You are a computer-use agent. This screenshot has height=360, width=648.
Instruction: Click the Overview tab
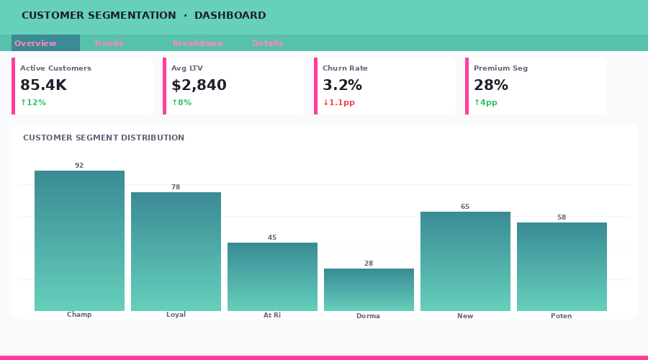click(36, 43)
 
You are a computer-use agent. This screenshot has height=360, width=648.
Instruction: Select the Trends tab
click(108, 43)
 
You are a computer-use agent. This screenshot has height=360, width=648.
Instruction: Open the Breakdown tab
click(197, 43)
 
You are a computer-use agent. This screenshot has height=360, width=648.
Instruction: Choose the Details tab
click(267, 43)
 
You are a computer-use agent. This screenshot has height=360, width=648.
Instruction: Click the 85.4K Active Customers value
click(43, 85)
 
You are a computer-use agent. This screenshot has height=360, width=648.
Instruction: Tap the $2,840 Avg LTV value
click(199, 85)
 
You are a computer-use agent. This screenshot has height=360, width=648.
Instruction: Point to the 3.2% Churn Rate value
click(342, 85)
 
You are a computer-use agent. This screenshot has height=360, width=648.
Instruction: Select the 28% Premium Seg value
click(491, 85)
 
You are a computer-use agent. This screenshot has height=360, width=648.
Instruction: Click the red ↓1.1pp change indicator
click(338, 102)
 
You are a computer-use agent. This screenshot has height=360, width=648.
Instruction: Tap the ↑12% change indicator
click(33, 102)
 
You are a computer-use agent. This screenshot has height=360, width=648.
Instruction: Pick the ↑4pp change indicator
click(485, 102)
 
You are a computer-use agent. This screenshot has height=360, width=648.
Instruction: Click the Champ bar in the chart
click(79, 241)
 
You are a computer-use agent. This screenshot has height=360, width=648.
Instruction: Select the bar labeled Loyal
click(176, 252)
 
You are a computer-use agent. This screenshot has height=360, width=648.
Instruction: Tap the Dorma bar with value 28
click(369, 289)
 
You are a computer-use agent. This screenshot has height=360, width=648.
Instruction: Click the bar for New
click(465, 261)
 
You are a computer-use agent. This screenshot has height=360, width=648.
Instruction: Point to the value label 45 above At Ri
click(272, 238)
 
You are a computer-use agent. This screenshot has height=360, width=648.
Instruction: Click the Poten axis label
click(562, 315)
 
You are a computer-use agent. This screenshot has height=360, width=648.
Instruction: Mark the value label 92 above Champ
click(79, 166)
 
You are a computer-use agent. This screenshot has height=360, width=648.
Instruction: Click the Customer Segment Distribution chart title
click(104, 138)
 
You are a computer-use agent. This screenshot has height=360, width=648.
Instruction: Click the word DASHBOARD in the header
click(230, 15)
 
